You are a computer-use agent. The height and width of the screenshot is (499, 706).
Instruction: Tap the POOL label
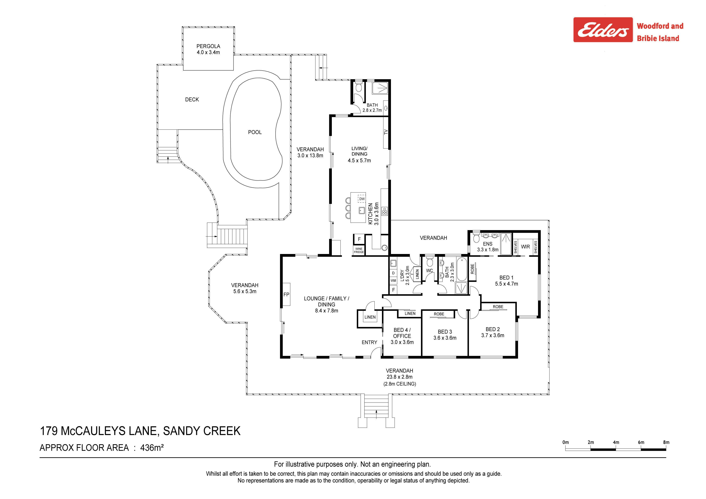point(255,132)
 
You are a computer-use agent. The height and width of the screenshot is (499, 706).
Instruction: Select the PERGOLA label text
point(208,46)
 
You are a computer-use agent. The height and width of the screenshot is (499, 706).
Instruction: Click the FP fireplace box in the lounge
point(286,294)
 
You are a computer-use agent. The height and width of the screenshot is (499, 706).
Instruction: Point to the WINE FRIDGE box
point(359,250)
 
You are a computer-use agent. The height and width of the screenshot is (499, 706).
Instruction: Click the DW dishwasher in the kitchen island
point(362,199)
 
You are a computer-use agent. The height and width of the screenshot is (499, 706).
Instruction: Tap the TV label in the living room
point(386,132)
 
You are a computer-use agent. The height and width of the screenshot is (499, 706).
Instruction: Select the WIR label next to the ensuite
point(526,247)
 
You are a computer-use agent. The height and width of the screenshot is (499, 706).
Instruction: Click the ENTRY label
point(369,342)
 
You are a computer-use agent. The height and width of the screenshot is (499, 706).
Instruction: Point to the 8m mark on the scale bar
point(666,442)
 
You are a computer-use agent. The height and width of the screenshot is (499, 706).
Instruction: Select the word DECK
point(192,100)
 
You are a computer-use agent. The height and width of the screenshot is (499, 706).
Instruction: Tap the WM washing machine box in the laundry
point(393,280)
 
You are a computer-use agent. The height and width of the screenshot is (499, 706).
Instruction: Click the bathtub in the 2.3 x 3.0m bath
point(461,269)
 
